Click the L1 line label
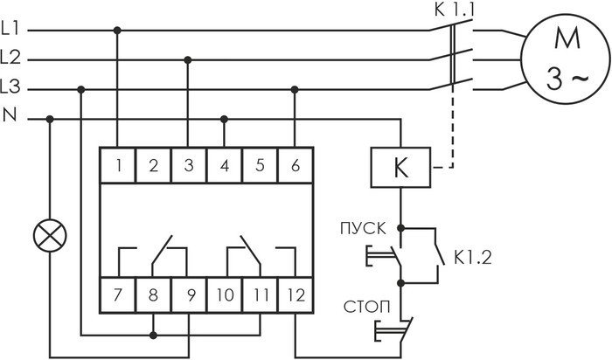[x=10, y=29]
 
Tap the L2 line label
[x=10, y=58]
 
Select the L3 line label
[x=10, y=87]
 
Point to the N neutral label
[x=10, y=115]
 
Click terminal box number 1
[x=118, y=165]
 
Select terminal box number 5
[x=260, y=165]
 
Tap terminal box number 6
[x=296, y=165]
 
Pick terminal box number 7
[x=118, y=294]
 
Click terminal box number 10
[x=225, y=294]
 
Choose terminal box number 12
[x=296, y=294]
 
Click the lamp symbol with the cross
[x=50, y=236]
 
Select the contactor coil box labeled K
[x=400, y=168]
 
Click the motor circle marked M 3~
[x=566, y=59]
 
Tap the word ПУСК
[x=363, y=229]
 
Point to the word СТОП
[x=366, y=307]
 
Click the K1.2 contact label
[x=473, y=257]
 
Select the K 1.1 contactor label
[x=455, y=10]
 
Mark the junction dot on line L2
[x=188, y=60]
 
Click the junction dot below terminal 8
[x=153, y=335]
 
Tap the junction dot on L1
[x=117, y=31]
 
